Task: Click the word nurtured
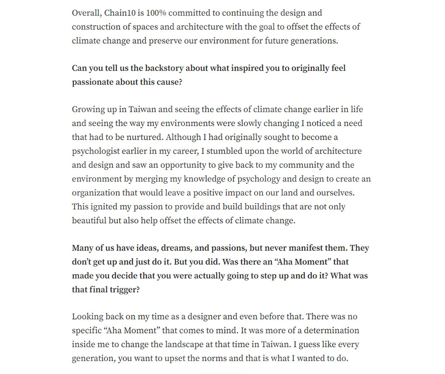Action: [144, 137]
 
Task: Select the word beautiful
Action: [89, 221]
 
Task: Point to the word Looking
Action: [87, 317]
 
